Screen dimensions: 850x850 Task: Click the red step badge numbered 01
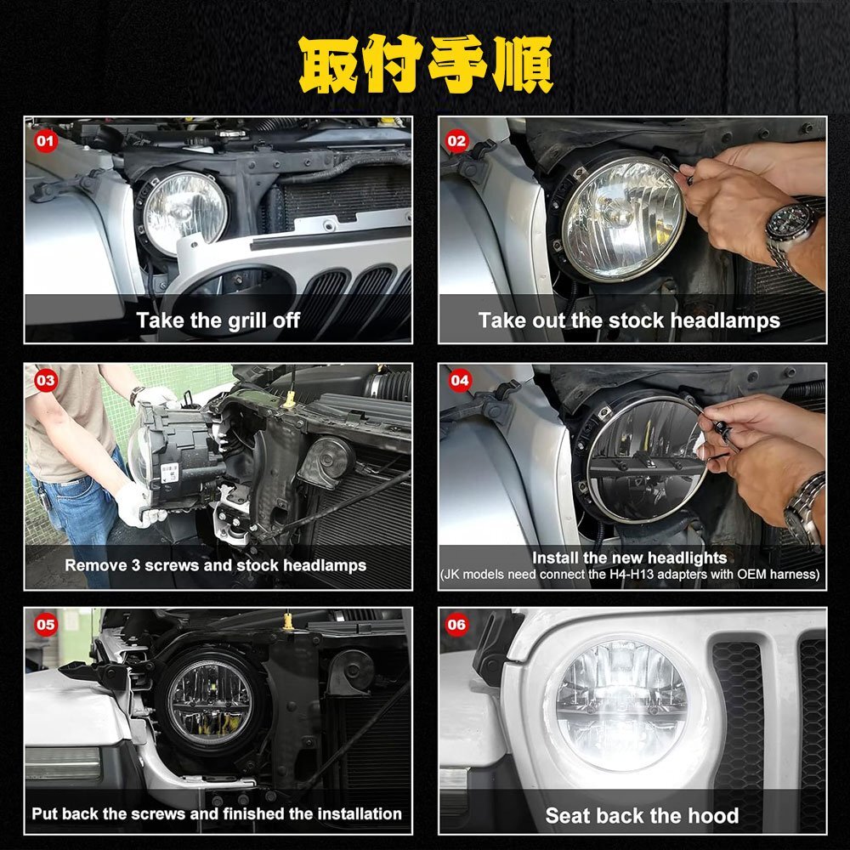click(46, 141)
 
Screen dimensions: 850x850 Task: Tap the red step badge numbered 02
click(456, 141)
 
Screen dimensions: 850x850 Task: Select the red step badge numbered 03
click(46, 380)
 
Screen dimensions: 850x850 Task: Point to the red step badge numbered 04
click(459, 380)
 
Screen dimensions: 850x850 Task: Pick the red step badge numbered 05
click(46, 625)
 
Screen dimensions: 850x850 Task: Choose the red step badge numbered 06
click(456, 625)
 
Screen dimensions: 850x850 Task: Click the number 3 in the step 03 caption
click(136, 565)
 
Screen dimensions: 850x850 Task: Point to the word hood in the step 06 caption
click(716, 815)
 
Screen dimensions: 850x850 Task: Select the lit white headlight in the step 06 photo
click(622, 705)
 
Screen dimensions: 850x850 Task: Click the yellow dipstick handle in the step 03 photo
click(290, 399)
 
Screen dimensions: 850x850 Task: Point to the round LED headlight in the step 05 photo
click(210, 703)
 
